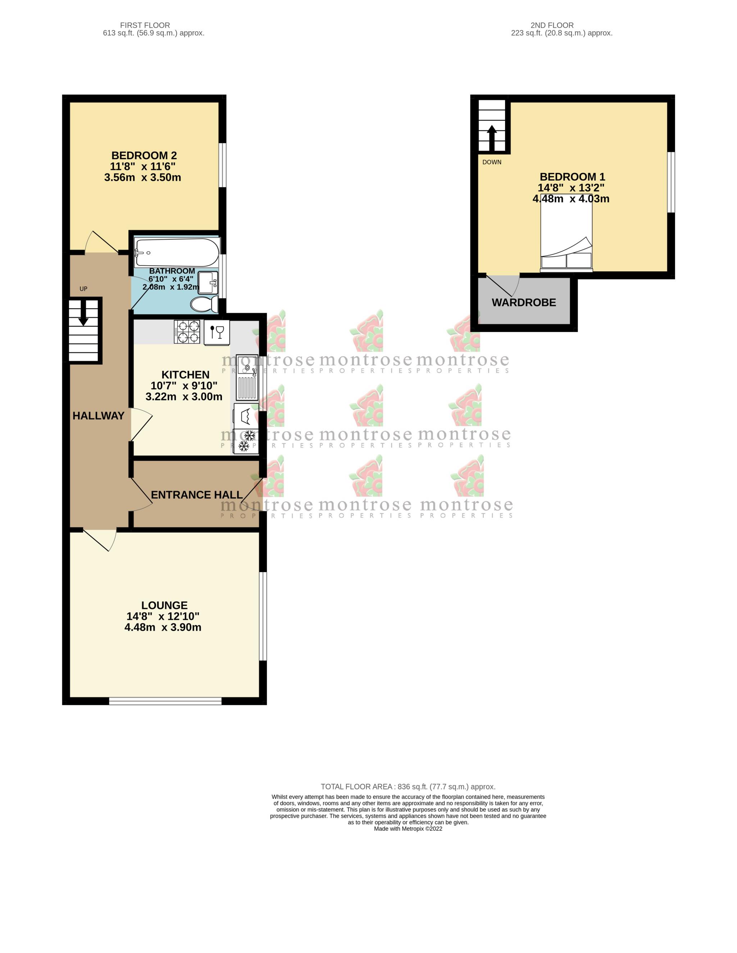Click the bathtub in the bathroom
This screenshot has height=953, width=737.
pos(177,252)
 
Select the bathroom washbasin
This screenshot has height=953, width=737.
pos(208,283)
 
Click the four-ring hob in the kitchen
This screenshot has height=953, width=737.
pos(187,332)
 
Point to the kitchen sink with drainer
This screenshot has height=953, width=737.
pos(247,377)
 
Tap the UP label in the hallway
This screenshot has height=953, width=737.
pos(83,289)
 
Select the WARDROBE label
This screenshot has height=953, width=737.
pos(524,303)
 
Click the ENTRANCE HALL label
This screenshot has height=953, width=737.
pos(197,495)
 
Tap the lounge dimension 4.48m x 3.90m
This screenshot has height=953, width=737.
pos(163,627)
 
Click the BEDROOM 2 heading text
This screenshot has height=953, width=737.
pos(144,155)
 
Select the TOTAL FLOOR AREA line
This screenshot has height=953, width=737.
pos(408,787)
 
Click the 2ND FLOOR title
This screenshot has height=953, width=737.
pos(552,25)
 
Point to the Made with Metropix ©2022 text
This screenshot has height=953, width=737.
pos(408,829)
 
